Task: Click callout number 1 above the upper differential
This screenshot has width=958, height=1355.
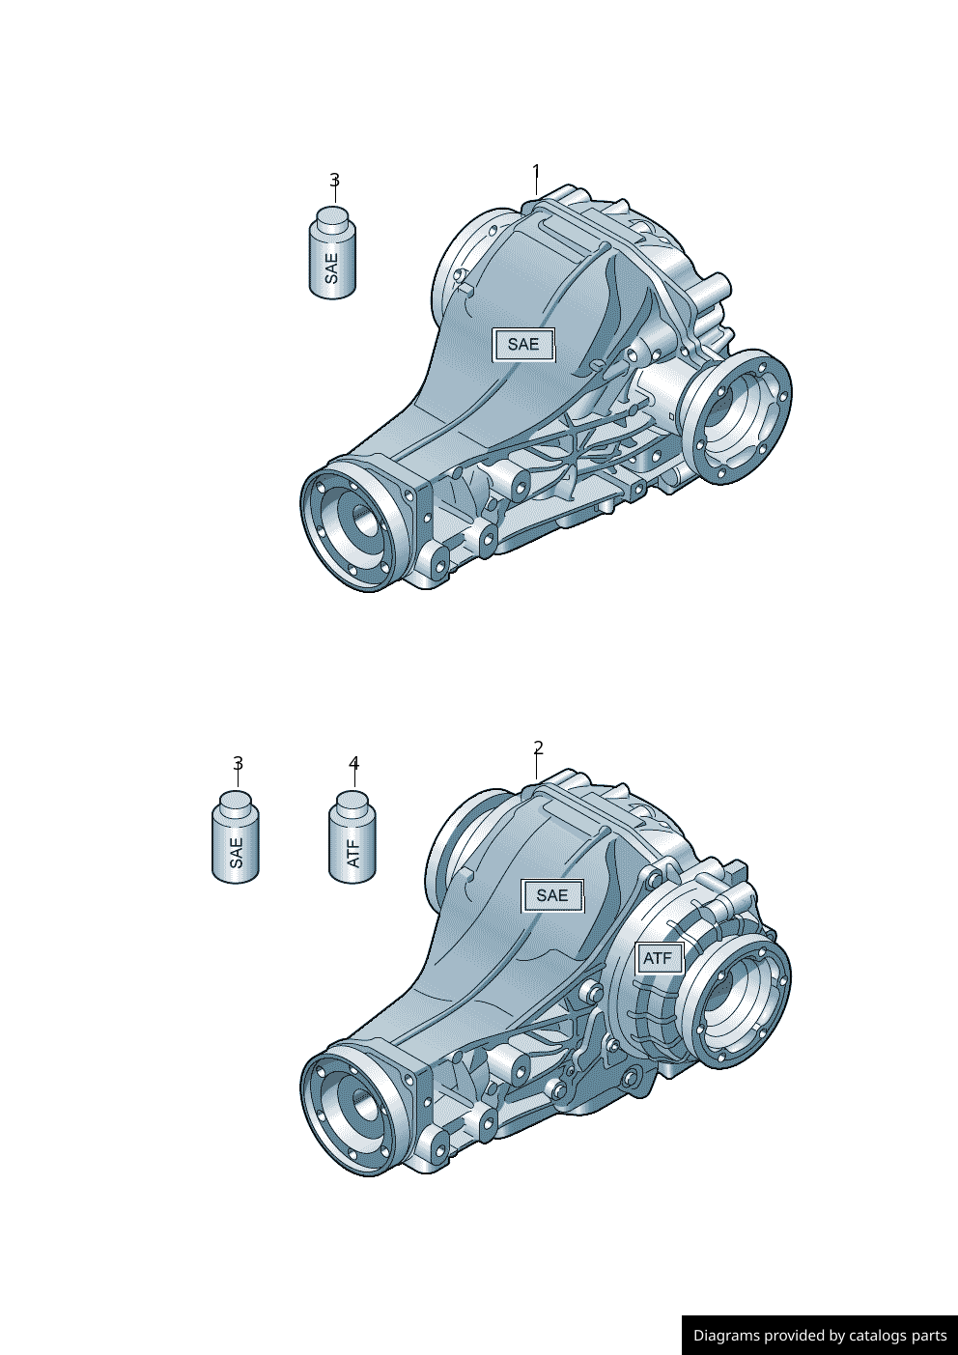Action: [536, 174]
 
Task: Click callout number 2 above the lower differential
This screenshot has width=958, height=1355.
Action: [538, 748]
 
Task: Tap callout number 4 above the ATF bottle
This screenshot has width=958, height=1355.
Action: [353, 764]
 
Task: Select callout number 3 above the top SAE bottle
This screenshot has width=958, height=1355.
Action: [334, 181]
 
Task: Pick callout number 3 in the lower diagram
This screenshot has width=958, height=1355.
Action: [238, 764]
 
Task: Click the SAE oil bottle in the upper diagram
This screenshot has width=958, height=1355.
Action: [332, 256]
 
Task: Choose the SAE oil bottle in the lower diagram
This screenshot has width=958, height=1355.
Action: [236, 840]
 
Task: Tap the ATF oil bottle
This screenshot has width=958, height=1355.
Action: [352, 840]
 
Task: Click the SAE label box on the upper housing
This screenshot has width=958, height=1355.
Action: [523, 345]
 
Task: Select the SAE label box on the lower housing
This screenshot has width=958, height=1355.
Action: [552, 896]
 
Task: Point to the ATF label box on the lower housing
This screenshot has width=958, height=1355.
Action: [658, 958]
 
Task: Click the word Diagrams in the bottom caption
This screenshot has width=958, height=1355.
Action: [726, 1336]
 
